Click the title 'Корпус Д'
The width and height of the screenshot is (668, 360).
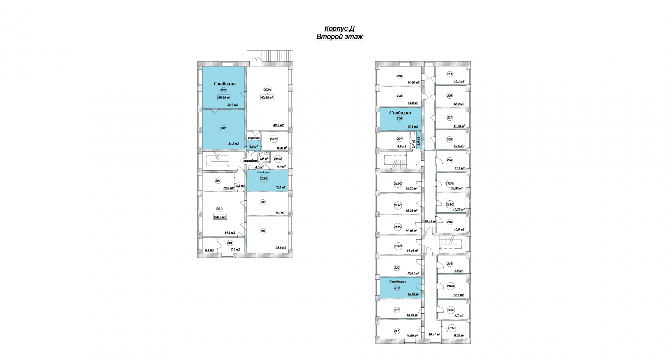[x=339, y=29]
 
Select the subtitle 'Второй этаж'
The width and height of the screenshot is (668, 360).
[x=339, y=37]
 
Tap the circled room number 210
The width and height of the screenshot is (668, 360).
[x=399, y=76]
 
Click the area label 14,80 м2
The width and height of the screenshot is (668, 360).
[x=413, y=83]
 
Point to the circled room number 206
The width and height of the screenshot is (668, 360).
[x=399, y=119]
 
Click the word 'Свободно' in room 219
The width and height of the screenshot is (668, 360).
[x=398, y=281]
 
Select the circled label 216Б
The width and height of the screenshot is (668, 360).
[x=450, y=310]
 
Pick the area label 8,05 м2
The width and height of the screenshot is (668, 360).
[x=459, y=335]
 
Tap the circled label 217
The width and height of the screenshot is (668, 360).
[x=397, y=331]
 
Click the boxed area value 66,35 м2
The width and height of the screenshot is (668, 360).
[x=224, y=98]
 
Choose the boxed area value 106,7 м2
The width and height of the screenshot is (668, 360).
[x=220, y=217]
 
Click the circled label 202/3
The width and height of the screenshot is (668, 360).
[x=264, y=179]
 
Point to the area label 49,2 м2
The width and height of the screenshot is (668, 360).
[x=278, y=125]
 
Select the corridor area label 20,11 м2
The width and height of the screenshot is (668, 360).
[x=434, y=335]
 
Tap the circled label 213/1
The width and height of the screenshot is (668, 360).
[x=449, y=184]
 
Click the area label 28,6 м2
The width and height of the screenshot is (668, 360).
[x=281, y=248]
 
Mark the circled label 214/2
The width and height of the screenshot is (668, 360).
[x=398, y=227]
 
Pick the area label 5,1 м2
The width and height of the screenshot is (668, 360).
[x=210, y=250]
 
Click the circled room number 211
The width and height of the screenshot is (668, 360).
[x=450, y=74]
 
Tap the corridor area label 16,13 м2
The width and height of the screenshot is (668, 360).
[x=430, y=221]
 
